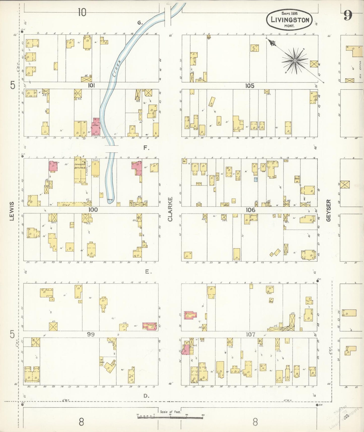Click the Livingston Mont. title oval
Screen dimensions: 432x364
click(289, 19)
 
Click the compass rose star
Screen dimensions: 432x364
click(294, 61)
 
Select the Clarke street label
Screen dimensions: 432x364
click(170, 209)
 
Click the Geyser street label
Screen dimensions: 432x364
click(328, 210)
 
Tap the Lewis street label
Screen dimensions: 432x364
click(12, 211)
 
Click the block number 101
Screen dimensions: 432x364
click(91, 86)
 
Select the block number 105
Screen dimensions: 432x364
click(250, 86)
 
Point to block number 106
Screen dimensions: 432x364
click(250, 210)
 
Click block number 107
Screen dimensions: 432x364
click(250, 334)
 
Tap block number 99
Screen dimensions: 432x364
click(91, 334)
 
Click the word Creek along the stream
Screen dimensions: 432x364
click(117, 68)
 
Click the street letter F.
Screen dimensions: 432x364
click(146, 148)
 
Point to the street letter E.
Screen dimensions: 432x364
click(148, 272)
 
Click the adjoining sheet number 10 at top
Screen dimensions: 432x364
click(82, 12)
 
